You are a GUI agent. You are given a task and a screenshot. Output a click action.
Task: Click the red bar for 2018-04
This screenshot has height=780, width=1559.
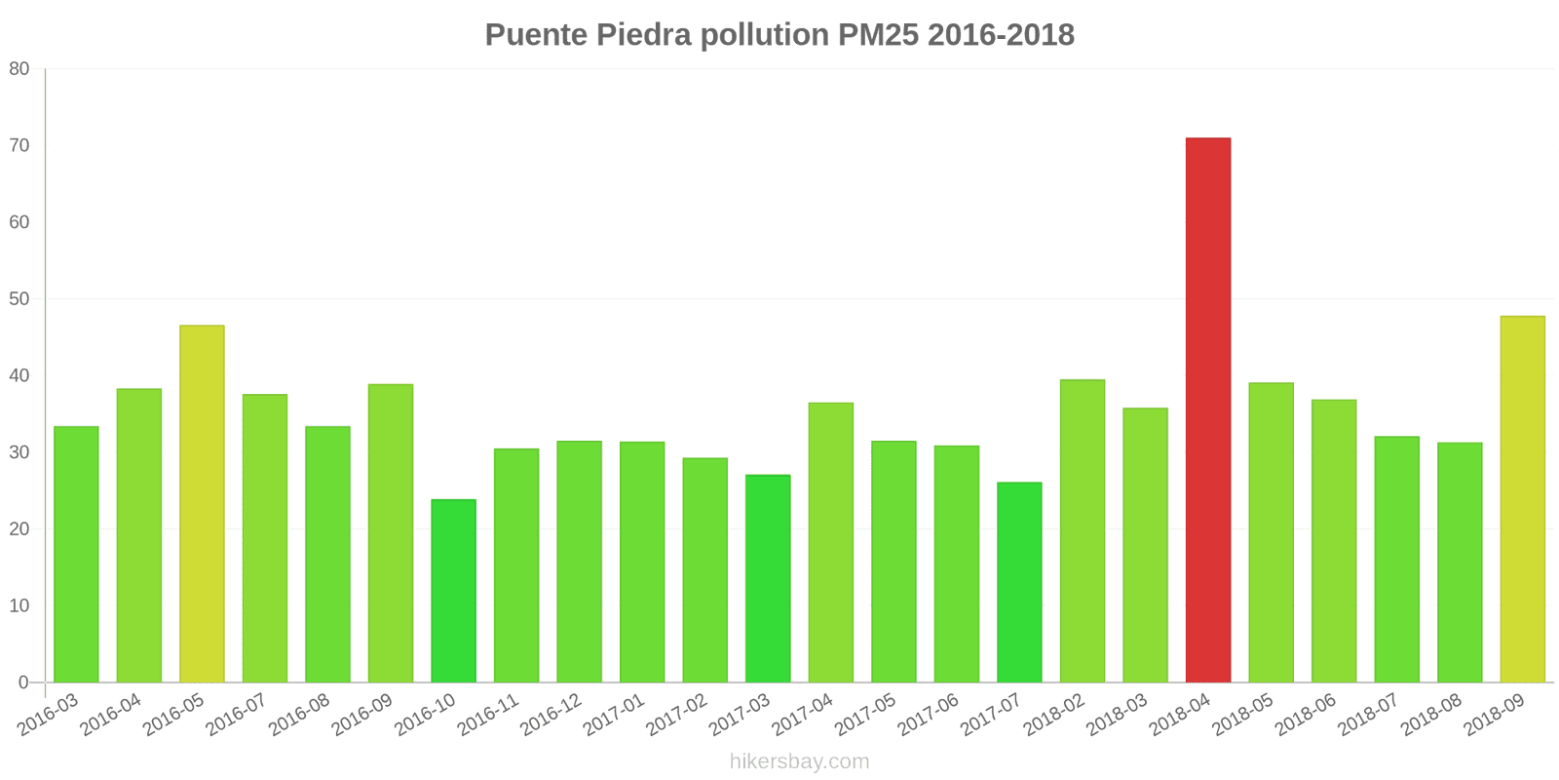1207,409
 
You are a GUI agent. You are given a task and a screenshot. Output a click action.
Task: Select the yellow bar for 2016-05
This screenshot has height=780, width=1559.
202,503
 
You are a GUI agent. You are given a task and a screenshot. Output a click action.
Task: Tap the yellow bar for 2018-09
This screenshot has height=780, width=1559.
1522,499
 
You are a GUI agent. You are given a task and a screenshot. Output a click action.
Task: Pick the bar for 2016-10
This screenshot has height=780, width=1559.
453,591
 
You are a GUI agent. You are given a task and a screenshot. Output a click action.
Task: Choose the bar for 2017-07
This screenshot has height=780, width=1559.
1019,582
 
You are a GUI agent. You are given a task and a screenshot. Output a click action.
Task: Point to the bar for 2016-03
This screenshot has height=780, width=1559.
76,554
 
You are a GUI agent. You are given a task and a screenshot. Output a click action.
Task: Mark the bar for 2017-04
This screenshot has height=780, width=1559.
830,542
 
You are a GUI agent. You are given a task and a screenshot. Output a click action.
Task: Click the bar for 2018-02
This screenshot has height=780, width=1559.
1082,530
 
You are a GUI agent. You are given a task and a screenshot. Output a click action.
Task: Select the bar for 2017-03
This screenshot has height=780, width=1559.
768,578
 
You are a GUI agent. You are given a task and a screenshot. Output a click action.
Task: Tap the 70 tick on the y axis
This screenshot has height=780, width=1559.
19,145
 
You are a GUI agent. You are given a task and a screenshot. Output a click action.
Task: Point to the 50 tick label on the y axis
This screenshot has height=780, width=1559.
19,299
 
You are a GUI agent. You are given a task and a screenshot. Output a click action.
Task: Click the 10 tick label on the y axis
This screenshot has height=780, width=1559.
19,605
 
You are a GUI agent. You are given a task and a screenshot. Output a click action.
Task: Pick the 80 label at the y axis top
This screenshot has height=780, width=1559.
19,69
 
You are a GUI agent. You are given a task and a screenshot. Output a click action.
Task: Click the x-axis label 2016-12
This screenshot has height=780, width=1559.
552,717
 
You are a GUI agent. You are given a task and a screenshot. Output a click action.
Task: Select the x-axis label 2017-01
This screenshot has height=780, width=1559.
615,717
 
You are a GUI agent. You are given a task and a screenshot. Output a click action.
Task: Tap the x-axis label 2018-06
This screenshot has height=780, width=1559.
1307,717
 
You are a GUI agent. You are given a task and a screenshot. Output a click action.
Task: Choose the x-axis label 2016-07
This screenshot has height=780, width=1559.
238,717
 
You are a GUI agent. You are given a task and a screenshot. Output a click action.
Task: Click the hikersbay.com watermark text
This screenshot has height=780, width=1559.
799,761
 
